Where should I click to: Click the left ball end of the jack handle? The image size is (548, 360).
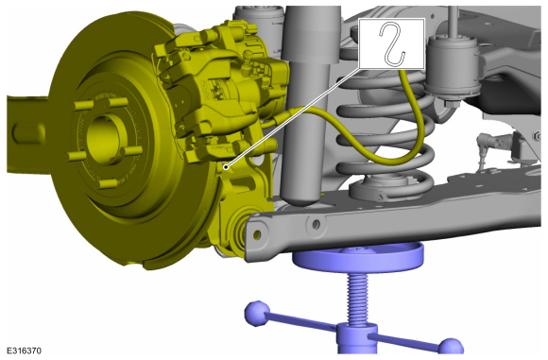[x=258, y=313]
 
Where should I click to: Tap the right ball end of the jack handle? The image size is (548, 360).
[x=451, y=348]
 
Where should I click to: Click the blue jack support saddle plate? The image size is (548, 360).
[x=358, y=257]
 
